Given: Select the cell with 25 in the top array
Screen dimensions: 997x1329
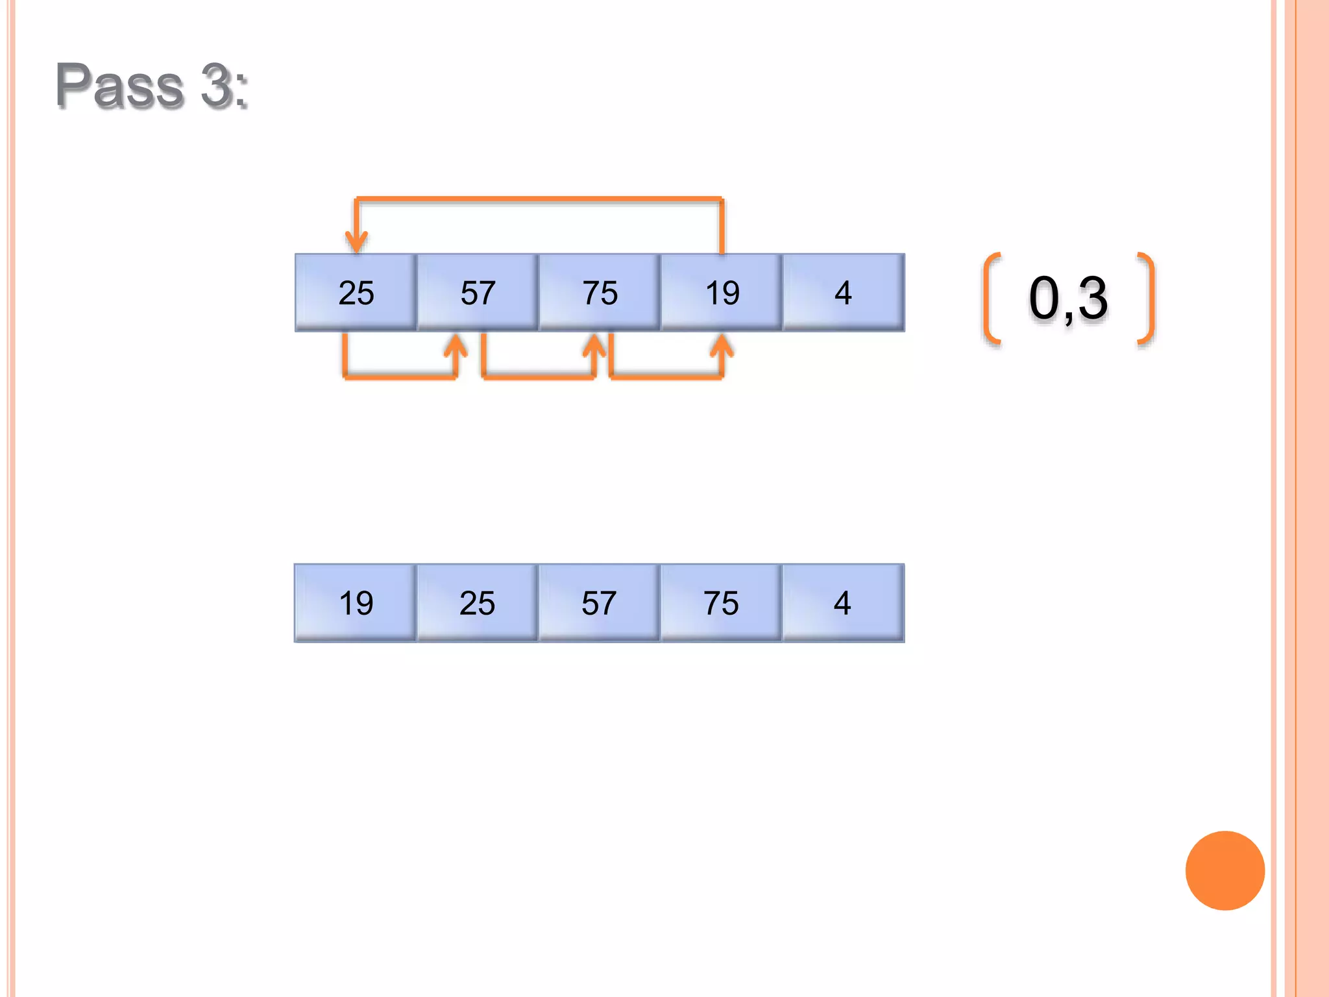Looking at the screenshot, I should (356, 293).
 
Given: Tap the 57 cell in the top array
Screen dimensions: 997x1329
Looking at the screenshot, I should (478, 293).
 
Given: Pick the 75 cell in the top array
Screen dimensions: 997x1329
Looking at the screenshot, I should (600, 293).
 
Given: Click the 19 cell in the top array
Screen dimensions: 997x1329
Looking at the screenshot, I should (722, 293).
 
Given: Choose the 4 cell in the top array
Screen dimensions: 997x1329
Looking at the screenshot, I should (843, 293).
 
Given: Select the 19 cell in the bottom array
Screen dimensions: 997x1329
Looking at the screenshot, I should (356, 603).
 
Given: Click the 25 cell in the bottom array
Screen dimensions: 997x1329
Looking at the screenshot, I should (478, 603).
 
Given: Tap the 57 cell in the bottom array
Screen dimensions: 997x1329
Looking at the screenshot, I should (600, 603).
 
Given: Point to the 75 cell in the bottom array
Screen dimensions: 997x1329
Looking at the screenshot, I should (722, 603).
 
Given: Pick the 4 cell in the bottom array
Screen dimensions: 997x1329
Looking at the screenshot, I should (843, 603).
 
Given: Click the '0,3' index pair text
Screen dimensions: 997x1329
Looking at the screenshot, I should (1068, 298).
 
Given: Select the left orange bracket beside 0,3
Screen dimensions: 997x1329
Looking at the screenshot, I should (991, 298).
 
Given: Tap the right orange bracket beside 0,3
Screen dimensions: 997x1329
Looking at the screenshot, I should (1147, 298).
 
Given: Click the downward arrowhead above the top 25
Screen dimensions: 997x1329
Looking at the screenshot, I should (356, 241).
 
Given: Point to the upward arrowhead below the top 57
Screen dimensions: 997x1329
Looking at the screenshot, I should (456, 345).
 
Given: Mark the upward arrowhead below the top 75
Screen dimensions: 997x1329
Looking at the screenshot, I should (594, 345).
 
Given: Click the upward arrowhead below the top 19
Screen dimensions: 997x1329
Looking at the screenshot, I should (722, 345).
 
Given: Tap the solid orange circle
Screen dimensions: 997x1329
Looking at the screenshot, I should (1225, 870).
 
